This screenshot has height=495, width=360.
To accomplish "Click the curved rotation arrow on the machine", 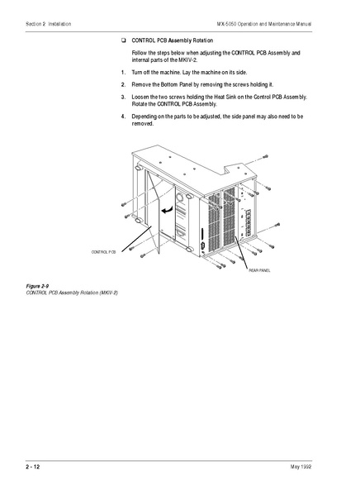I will click(168, 211).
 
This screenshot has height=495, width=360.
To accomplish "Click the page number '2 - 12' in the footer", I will click(33, 467).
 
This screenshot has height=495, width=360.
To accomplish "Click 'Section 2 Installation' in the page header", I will click(49, 24).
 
